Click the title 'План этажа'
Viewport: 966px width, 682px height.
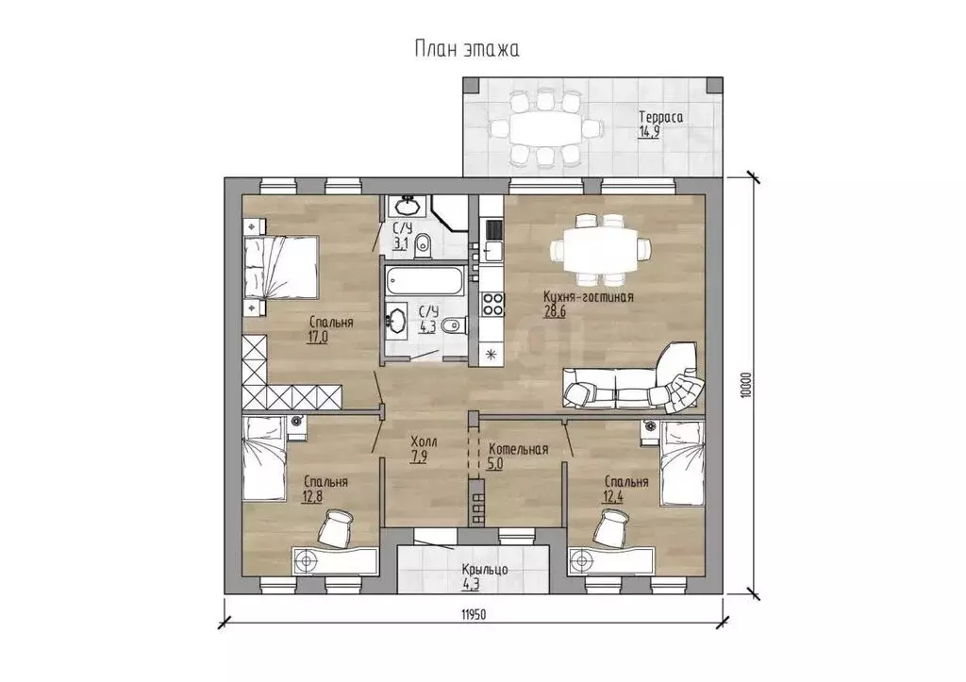coord(466,49)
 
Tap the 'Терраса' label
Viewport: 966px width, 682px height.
coord(660,117)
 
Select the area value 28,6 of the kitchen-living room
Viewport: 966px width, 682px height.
coord(555,311)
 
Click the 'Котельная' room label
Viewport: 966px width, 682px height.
coord(518,449)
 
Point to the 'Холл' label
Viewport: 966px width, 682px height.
coord(424,441)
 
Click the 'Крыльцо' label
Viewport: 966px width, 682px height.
coord(485,569)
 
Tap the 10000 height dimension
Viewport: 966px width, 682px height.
coord(747,386)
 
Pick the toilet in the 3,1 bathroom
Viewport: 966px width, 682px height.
coord(422,245)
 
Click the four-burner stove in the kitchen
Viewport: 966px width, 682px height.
coord(492,304)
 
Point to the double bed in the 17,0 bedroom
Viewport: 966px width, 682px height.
coord(280,268)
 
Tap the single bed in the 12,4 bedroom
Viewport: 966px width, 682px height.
coord(682,463)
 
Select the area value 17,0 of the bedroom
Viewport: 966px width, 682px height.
coord(317,337)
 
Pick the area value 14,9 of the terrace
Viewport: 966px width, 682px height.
coord(649,131)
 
